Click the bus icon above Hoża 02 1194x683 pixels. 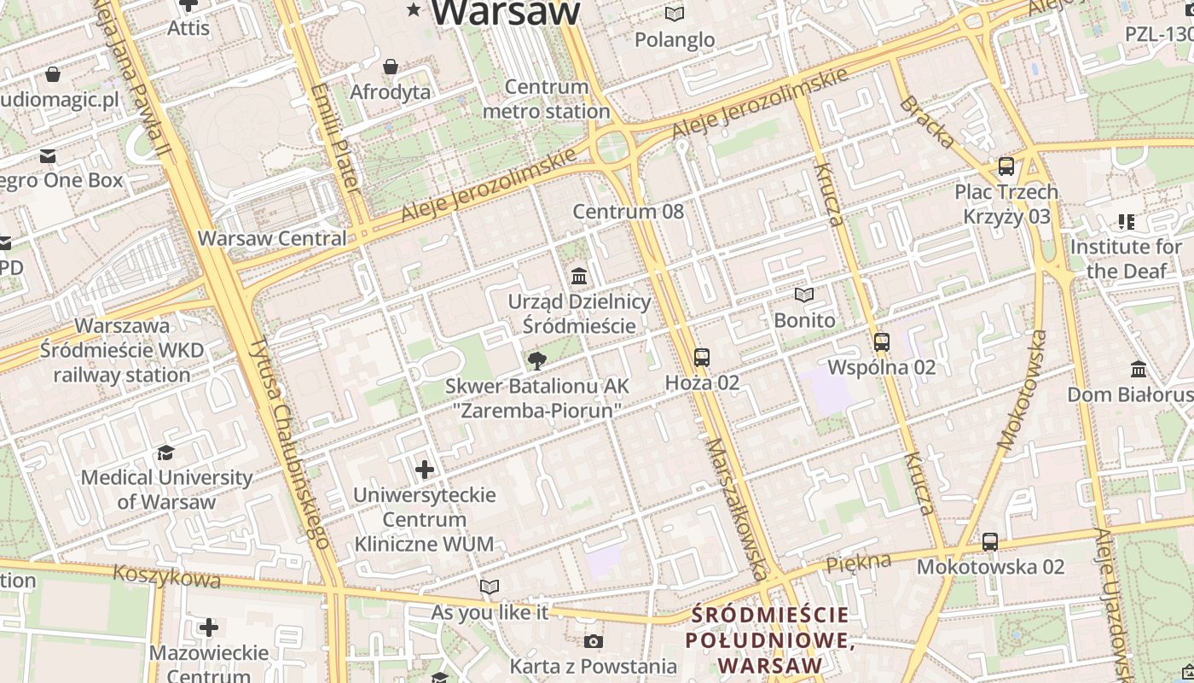[x=701, y=357]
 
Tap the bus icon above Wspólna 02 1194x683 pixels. [x=881, y=342]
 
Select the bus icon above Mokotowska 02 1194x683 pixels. [x=989, y=541]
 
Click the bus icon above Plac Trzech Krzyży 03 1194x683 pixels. [x=1006, y=166]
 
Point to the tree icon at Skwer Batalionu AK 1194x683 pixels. [x=536, y=361]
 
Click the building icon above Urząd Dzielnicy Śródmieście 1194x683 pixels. [x=579, y=276]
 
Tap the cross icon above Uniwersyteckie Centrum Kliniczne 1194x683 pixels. [x=424, y=469]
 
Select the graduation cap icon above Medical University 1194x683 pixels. [x=165, y=452]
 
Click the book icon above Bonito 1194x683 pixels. [x=803, y=295]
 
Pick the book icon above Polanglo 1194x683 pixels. [x=675, y=14]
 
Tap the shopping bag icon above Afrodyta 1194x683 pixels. [x=391, y=67]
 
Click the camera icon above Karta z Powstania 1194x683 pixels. [x=593, y=641]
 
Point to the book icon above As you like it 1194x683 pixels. [x=489, y=587]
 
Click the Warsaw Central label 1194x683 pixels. [x=272, y=238]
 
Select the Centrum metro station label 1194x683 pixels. [x=547, y=99]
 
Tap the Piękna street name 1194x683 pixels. [x=859, y=562]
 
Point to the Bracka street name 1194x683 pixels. [x=926, y=121]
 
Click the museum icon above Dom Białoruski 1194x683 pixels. [x=1138, y=370]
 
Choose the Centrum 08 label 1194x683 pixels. [x=628, y=211]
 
